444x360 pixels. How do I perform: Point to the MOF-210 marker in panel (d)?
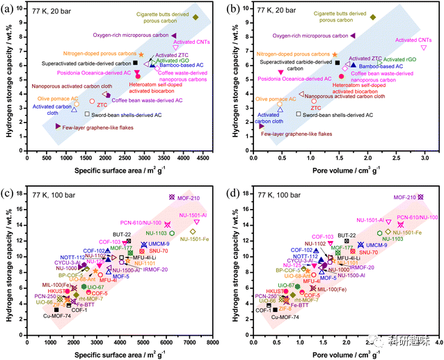click(x=420, y=197)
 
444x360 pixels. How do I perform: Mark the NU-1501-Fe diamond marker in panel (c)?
click(x=192, y=232)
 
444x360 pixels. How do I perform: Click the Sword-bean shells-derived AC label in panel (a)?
click(x=122, y=114)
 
